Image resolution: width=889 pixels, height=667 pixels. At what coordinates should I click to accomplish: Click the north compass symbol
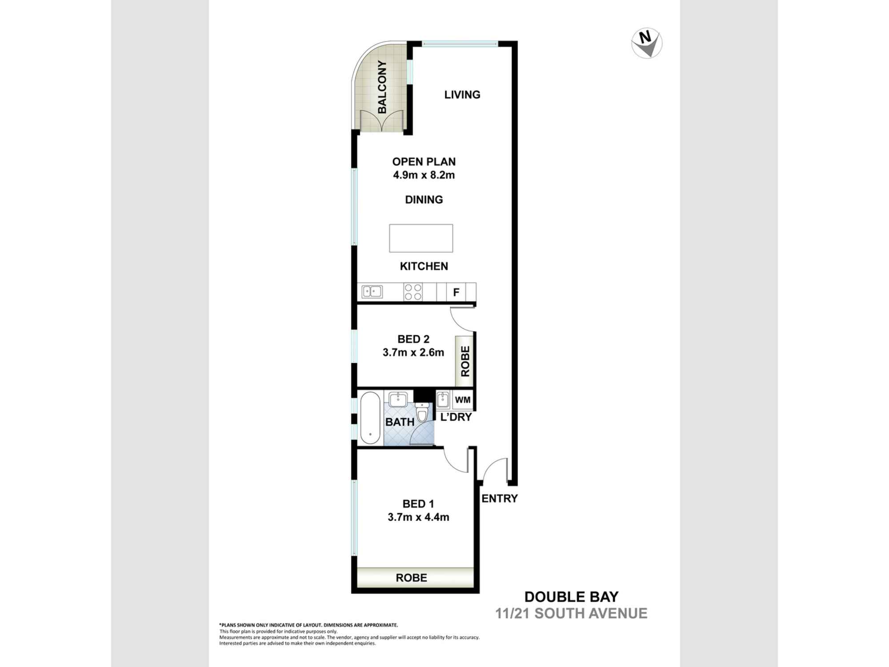pyautogui.click(x=647, y=44)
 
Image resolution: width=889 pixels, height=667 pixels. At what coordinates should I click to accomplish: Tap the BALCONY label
pyautogui.click(x=382, y=87)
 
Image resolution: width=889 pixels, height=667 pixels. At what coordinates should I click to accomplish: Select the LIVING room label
pyautogui.click(x=462, y=95)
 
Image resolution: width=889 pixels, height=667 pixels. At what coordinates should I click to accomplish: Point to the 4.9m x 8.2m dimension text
pyautogui.click(x=424, y=175)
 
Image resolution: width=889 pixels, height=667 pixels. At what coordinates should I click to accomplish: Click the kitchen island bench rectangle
pyautogui.click(x=421, y=238)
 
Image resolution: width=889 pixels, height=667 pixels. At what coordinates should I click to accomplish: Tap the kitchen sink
pyautogui.click(x=372, y=292)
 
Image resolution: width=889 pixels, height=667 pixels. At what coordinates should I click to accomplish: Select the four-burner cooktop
pyautogui.click(x=413, y=292)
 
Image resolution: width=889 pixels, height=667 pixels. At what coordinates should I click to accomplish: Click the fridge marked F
pyautogui.click(x=456, y=293)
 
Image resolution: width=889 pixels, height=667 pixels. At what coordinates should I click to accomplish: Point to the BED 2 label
pyautogui.click(x=413, y=339)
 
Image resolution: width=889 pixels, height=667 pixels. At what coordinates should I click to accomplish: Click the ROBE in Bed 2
pyautogui.click(x=465, y=361)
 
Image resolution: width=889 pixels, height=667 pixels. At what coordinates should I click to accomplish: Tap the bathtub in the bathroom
pyautogui.click(x=370, y=418)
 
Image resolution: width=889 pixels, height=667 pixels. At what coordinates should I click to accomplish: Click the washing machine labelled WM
pyautogui.click(x=462, y=400)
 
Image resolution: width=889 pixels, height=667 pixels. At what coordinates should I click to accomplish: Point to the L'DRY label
pyautogui.click(x=456, y=417)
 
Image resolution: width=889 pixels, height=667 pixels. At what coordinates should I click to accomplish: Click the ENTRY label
pyautogui.click(x=500, y=498)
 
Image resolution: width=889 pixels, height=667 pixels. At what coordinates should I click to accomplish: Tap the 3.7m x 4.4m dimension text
pyautogui.click(x=418, y=517)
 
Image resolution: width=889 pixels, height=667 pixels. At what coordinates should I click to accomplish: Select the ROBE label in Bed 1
pyautogui.click(x=411, y=578)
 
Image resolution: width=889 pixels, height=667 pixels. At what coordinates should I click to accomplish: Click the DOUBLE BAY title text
pyautogui.click(x=571, y=597)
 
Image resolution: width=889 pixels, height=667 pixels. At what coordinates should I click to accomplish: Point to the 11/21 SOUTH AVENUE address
pyautogui.click(x=571, y=614)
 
